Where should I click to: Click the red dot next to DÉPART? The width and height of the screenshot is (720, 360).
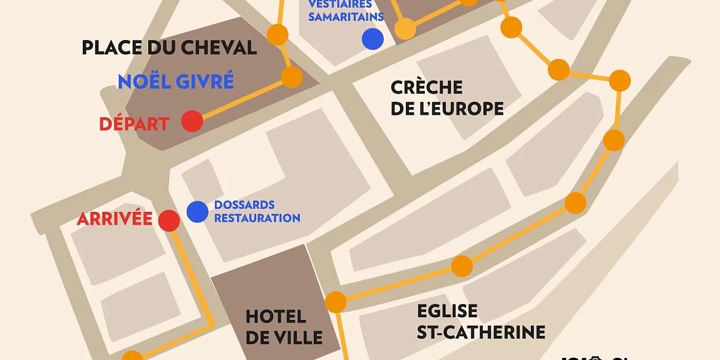coord(192,121)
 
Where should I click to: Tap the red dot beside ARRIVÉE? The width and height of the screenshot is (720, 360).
coord(169,220)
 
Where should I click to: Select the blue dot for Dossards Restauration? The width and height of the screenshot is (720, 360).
coord(197,212)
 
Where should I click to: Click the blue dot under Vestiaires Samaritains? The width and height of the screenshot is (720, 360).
coord(373,39)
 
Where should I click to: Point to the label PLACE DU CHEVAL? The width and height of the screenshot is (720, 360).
coord(169,48)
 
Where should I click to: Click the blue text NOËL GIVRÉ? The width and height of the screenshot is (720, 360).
coord(176,82)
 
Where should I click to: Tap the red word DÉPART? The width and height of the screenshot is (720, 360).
coord(134,124)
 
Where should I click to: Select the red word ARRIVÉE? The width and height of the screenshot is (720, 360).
coord(114,219)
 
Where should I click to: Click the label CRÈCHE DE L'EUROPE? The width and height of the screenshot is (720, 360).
coord(447,98)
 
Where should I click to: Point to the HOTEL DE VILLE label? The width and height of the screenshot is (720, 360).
coord(284,327)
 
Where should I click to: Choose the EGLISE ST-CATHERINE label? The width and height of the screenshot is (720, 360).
coord(481,322)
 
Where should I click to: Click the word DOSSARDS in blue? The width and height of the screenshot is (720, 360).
coord(245,205)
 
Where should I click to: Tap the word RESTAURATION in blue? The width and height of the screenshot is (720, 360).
coord(257,218)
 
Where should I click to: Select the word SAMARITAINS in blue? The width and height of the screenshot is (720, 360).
coord(346,16)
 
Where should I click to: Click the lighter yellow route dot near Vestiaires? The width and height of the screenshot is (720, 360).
coord(405,29)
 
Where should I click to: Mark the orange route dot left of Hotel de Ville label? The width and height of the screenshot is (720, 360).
coord(132,357)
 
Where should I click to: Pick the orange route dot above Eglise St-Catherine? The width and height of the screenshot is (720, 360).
coord(462,266)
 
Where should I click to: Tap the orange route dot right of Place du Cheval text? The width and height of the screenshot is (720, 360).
coord(277,35)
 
